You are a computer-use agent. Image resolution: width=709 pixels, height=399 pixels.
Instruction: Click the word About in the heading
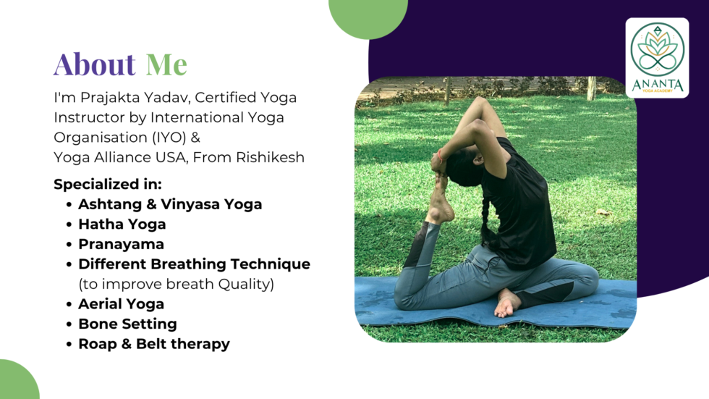coord(95,64)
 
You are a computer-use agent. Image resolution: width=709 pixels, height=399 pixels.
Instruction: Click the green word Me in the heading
coord(166,64)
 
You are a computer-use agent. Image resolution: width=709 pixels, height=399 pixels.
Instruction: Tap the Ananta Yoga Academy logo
coord(657,58)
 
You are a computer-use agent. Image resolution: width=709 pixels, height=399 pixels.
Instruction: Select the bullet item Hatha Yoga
coord(122,224)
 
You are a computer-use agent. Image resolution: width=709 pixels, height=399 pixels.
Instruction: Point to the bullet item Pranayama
coord(122,244)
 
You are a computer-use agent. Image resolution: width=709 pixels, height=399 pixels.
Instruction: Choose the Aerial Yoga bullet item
coord(122,304)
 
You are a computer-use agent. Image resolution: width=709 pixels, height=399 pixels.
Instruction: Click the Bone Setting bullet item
coord(127,324)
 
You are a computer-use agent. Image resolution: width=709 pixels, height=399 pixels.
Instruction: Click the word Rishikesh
coord(270,157)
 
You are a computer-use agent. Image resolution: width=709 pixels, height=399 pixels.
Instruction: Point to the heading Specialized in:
coord(108,184)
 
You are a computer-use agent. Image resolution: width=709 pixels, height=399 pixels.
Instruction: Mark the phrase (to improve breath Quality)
coord(177,284)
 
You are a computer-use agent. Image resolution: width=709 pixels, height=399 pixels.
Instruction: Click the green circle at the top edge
coord(368,16)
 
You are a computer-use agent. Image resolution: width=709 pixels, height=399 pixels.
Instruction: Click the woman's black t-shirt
coord(520,208)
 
